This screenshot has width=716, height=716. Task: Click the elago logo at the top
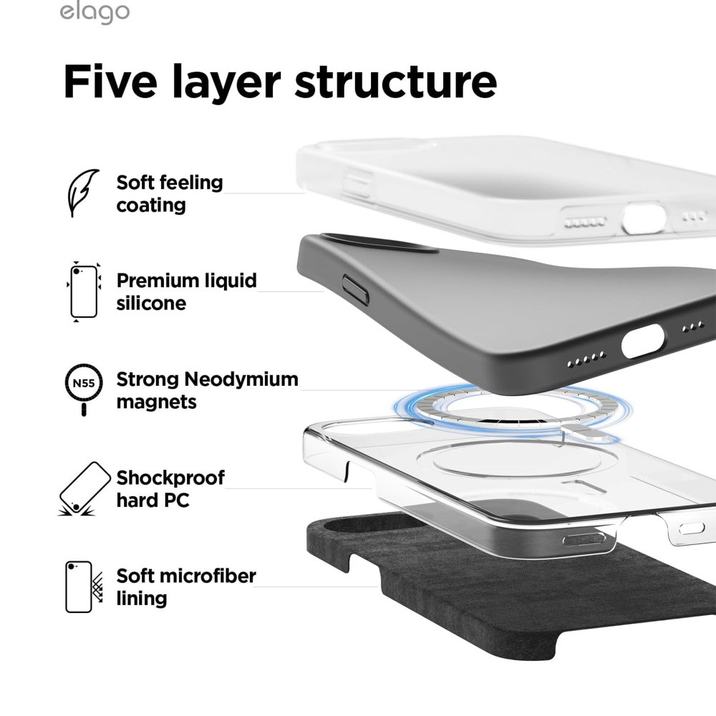[95, 12]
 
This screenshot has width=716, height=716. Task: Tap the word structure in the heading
[395, 82]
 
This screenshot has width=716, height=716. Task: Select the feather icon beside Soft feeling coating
[83, 193]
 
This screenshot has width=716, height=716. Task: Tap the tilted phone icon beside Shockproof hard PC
[84, 489]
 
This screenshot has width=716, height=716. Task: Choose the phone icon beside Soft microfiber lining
[84, 587]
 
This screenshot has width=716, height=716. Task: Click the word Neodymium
[241, 379]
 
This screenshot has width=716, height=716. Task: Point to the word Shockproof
[170, 478]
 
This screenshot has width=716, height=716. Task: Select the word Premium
[157, 281]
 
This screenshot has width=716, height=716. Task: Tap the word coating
[151, 205]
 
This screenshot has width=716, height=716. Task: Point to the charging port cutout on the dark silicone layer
[642, 341]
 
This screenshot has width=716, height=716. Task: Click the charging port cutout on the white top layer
[644, 218]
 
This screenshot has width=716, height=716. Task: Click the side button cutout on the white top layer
[358, 184]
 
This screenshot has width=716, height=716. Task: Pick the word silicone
[151, 303]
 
